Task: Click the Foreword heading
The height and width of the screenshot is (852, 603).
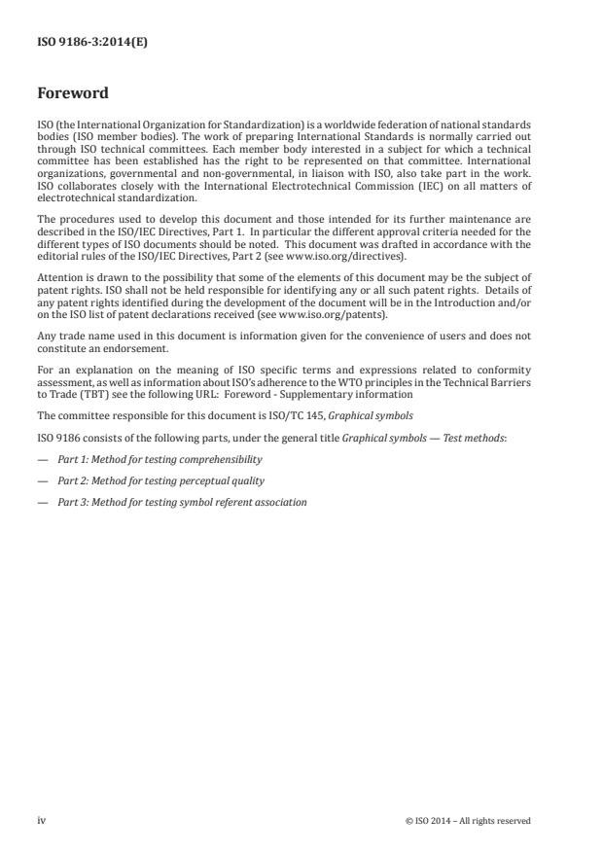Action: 72,93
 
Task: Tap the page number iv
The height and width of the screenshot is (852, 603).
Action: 41,821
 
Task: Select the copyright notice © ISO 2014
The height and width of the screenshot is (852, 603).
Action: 468,821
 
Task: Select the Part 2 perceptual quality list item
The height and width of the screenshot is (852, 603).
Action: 160,480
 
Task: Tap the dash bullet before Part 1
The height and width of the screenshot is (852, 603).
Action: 42,458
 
